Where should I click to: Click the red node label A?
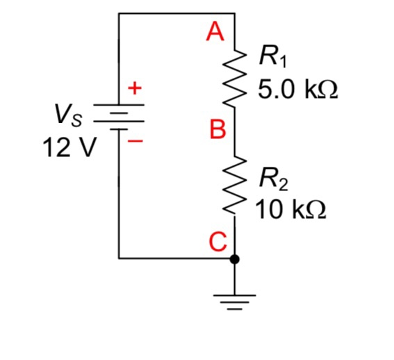217,31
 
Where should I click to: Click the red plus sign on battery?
135,88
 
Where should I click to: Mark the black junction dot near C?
235,259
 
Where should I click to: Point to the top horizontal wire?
177,13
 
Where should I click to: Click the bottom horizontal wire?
177,259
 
